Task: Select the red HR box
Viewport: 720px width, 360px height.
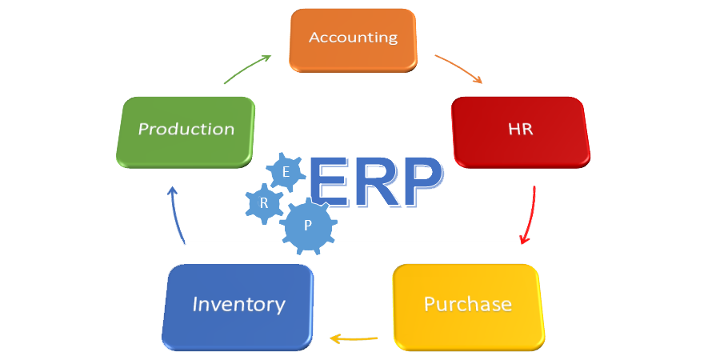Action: coord(520,131)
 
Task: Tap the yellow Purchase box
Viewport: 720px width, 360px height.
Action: coord(468,306)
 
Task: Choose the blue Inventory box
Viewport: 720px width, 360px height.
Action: coord(238,306)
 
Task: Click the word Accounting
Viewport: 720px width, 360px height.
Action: coord(353,38)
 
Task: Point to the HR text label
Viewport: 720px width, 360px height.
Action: coord(520,130)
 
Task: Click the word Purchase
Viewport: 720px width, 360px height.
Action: coord(468,304)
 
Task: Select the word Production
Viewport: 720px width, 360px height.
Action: coord(186,129)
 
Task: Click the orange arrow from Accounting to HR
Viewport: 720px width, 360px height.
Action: coord(458,69)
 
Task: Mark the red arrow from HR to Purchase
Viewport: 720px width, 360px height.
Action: coord(529,214)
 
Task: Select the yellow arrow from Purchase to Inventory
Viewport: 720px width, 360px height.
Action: coord(353,339)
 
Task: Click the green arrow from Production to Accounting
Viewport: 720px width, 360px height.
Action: coord(247,69)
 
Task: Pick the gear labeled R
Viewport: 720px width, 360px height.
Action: coord(264,203)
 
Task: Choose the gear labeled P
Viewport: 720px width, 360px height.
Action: coord(308,226)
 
